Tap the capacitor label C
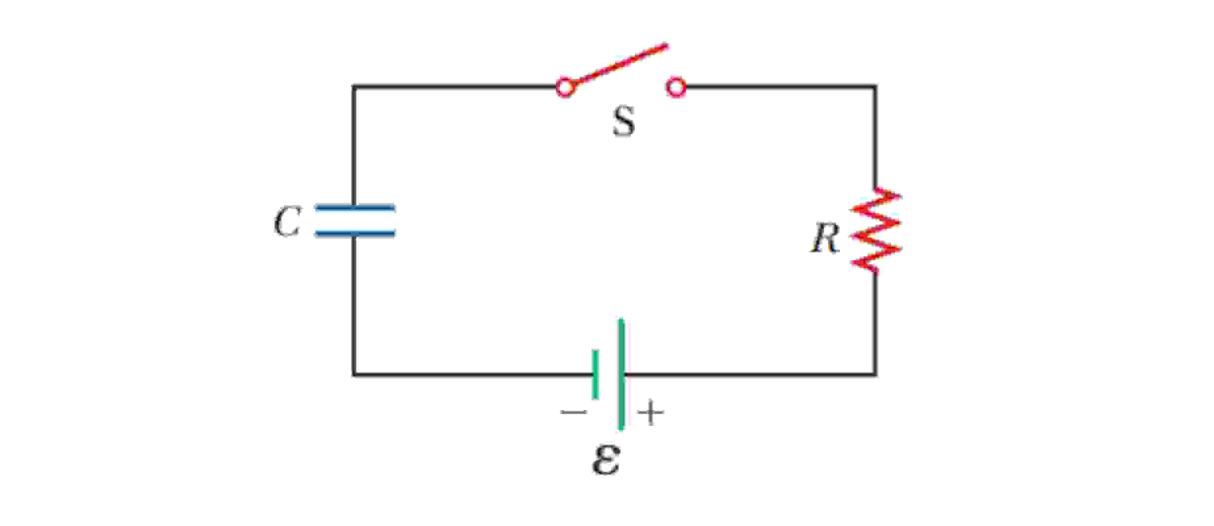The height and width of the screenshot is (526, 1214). (x=287, y=222)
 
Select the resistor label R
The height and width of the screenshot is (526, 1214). (x=824, y=239)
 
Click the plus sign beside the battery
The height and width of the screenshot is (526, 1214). (x=651, y=413)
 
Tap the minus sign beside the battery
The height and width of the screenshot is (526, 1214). (x=574, y=412)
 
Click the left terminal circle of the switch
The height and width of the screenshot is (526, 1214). (x=565, y=87)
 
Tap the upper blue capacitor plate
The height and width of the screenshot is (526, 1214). (x=355, y=208)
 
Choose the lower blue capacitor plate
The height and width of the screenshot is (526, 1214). (x=355, y=234)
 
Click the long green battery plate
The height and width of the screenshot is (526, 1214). (x=622, y=375)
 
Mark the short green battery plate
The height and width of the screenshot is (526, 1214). (x=595, y=375)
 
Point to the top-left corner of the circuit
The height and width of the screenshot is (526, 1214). (x=353, y=87)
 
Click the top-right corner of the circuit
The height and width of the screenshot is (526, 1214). (x=875, y=87)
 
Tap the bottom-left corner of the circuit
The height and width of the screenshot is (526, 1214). (x=353, y=375)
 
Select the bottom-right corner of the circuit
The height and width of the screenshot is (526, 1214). (x=875, y=375)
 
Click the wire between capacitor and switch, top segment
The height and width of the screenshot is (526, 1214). (x=453, y=87)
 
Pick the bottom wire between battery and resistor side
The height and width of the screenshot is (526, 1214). (x=749, y=375)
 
